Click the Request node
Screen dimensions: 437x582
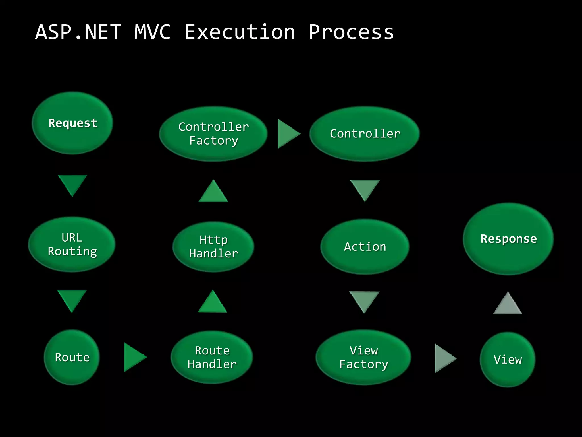[x=72, y=123]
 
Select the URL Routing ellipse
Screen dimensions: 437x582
[x=72, y=244]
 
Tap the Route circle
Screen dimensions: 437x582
[x=72, y=357]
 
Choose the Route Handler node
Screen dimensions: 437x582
[x=212, y=357]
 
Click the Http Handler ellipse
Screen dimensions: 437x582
[x=213, y=247]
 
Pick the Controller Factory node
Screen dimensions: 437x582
[x=213, y=134]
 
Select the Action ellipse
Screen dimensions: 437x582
[x=365, y=247]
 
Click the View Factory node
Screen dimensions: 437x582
[x=363, y=357]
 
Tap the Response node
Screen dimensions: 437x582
[x=508, y=239]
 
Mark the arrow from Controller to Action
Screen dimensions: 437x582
[x=365, y=189]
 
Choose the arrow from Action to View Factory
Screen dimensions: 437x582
[x=364, y=300]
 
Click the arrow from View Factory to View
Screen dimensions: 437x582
[x=444, y=358]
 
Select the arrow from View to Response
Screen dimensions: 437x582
[x=508, y=305]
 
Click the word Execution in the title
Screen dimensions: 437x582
[x=240, y=32]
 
